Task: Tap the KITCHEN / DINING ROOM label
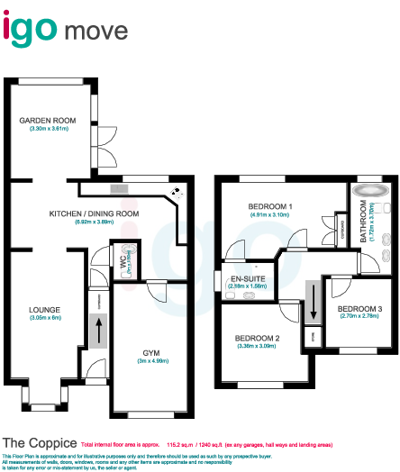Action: point(94,213)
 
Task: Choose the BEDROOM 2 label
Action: point(258,338)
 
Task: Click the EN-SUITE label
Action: point(248,277)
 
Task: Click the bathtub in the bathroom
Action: point(370,191)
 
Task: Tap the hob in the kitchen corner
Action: point(177,192)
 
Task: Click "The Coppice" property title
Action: point(37,443)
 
